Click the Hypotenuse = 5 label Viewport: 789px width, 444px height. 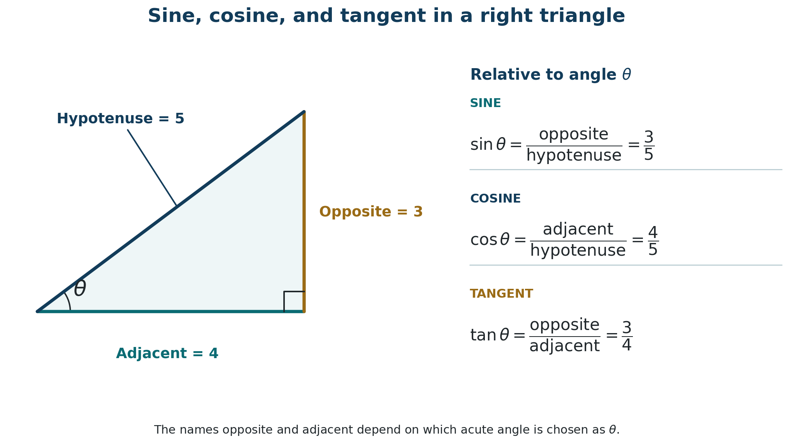[x=121, y=119]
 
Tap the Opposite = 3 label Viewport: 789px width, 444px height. [x=371, y=212]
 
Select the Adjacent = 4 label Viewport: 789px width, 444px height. [x=167, y=354]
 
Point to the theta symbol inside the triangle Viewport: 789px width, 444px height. [x=80, y=288]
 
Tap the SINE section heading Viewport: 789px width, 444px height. [x=485, y=104]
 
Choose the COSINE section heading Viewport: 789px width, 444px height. [x=495, y=199]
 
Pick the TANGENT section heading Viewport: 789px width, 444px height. [x=501, y=294]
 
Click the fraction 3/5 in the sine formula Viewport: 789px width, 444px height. [x=649, y=146]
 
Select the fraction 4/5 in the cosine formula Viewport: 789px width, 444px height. [x=653, y=241]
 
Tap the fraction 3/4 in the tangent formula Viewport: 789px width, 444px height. [x=627, y=336]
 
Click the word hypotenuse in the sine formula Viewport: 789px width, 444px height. [x=574, y=156]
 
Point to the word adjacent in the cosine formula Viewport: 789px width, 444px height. [x=578, y=230]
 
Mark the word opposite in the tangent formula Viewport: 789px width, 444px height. [x=565, y=325]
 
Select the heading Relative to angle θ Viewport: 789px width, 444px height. [x=550, y=75]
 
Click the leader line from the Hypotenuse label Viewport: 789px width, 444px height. [x=152, y=168]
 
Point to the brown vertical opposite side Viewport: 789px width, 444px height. [x=304, y=212]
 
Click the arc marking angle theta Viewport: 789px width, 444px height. [x=68, y=300]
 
